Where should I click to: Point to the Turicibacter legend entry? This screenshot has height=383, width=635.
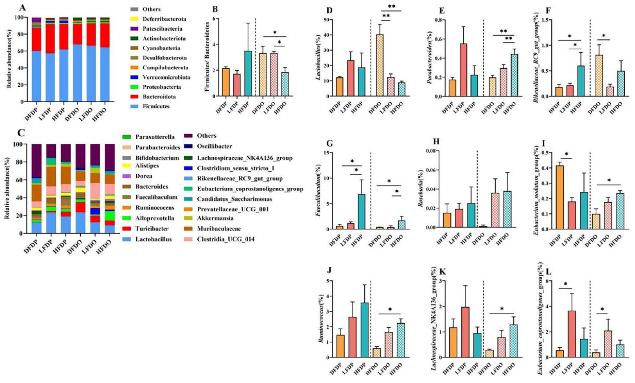152,229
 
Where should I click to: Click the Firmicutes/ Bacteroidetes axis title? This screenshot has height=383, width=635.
207,56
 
